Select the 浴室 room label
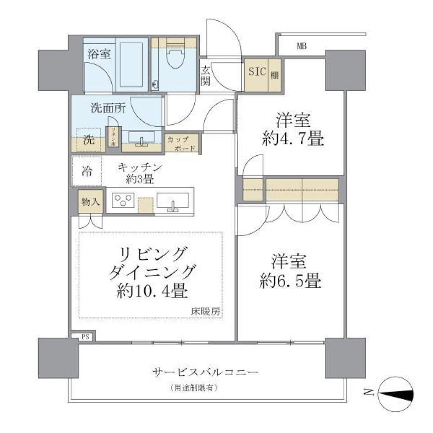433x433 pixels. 98,54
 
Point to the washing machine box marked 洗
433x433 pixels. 88,140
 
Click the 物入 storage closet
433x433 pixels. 90,201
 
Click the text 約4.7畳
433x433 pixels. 293,139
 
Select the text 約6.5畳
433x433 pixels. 290,281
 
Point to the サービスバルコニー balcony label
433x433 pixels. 205,373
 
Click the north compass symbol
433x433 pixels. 396,394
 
